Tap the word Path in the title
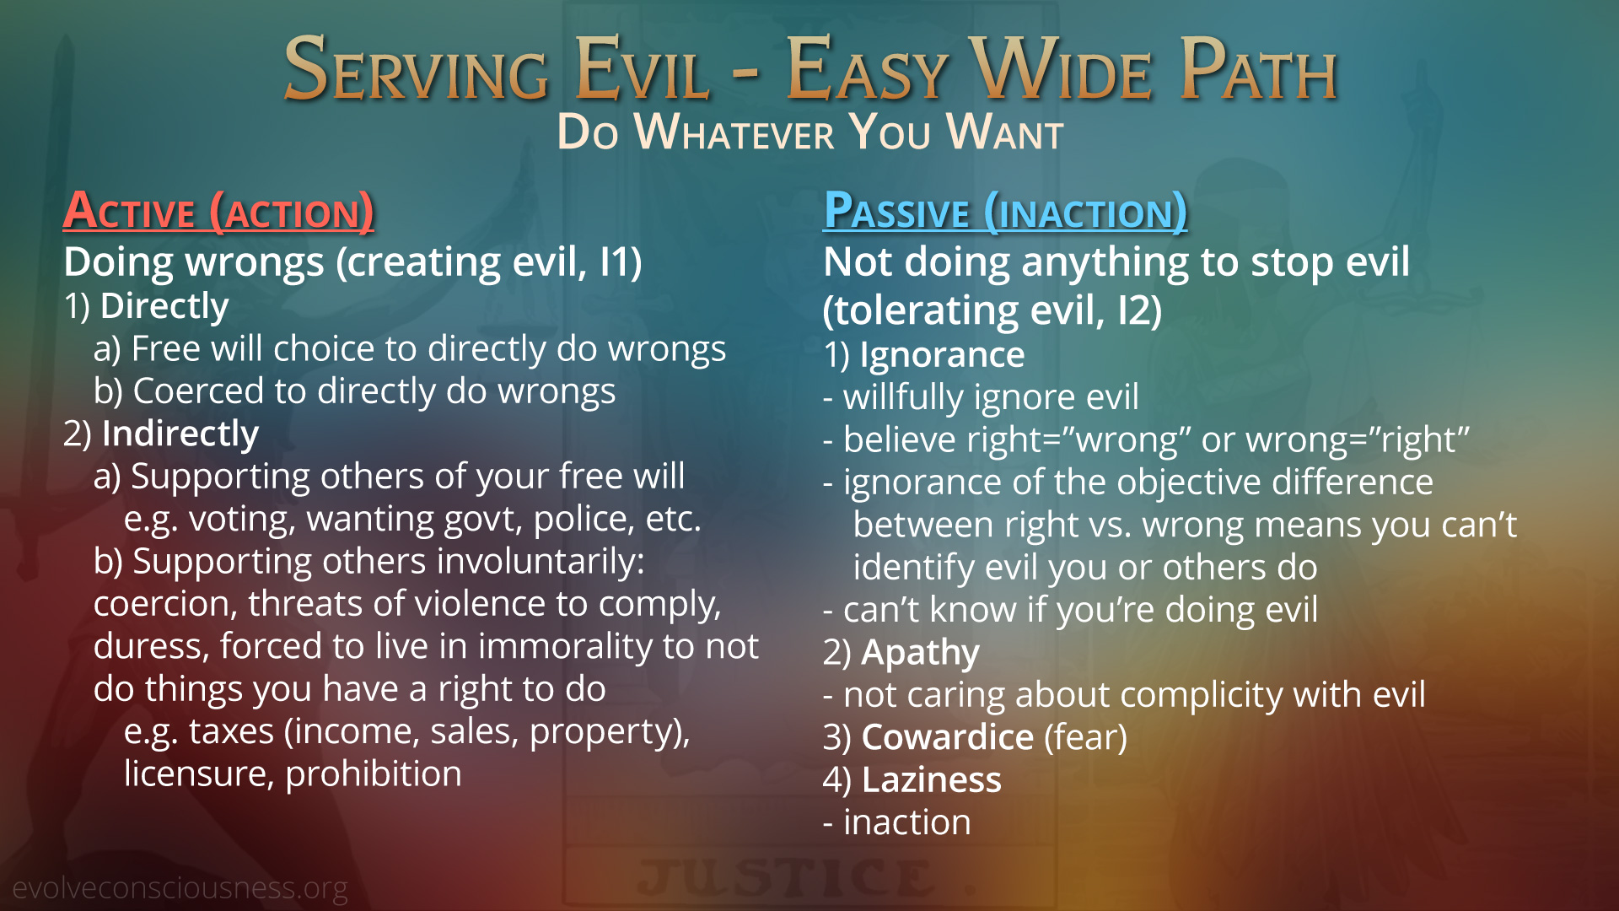[x=1258, y=69]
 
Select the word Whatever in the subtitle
[x=734, y=132]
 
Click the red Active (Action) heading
[x=218, y=211]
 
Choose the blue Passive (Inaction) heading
[x=1005, y=211]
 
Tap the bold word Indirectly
[x=180, y=434]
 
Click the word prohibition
[x=374, y=774]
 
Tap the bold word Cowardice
[x=948, y=737]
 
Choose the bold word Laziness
[x=932, y=780]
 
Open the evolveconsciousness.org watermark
[x=180, y=888]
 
